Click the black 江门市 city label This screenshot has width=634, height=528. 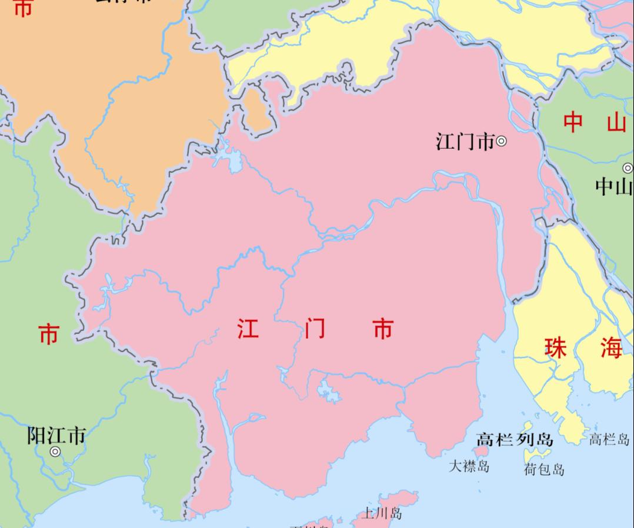click(x=465, y=142)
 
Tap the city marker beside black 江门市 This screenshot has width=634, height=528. click(x=502, y=141)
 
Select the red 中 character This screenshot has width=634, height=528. click(x=573, y=122)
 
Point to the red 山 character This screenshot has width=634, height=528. click(x=616, y=122)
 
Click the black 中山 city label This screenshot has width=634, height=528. click(x=613, y=187)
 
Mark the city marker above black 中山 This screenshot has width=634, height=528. click(x=628, y=168)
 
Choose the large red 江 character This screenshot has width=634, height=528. click(x=248, y=329)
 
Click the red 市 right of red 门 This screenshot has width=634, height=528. click(x=382, y=329)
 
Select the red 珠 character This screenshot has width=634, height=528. click(x=555, y=348)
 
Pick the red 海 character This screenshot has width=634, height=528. click(x=611, y=348)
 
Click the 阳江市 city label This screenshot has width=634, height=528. click(x=56, y=436)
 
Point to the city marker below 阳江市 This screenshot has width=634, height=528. click(x=55, y=452)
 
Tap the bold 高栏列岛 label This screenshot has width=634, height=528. click(x=515, y=439)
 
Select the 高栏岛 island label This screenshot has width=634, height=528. click(x=609, y=439)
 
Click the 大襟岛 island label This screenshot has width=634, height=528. click(x=469, y=466)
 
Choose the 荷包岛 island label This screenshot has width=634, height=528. click(x=544, y=469)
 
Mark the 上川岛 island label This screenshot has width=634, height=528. click(x=382, y=513)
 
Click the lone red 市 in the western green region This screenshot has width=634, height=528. click(x=49, y=335)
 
